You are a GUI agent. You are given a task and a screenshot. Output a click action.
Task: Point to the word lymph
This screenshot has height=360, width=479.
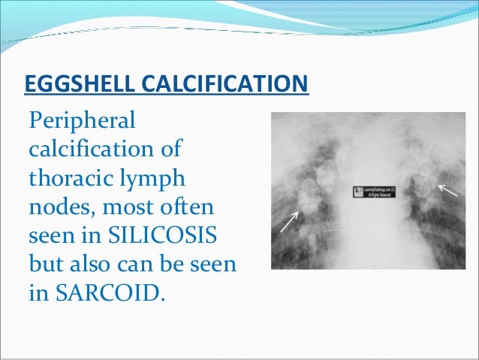(x=159, y=178)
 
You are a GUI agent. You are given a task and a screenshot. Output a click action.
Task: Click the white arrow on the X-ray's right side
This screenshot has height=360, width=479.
(x=447, y=190)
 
